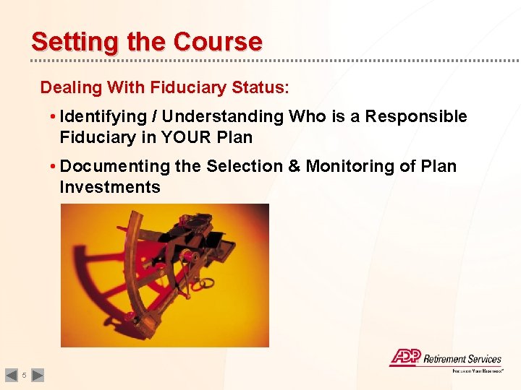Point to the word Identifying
[109, 116]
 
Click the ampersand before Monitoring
[295, 166]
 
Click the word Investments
[110, 187]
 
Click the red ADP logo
[404, 357]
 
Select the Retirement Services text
[462, 359]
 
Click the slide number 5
[24, 375]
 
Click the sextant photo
[164, 274]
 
